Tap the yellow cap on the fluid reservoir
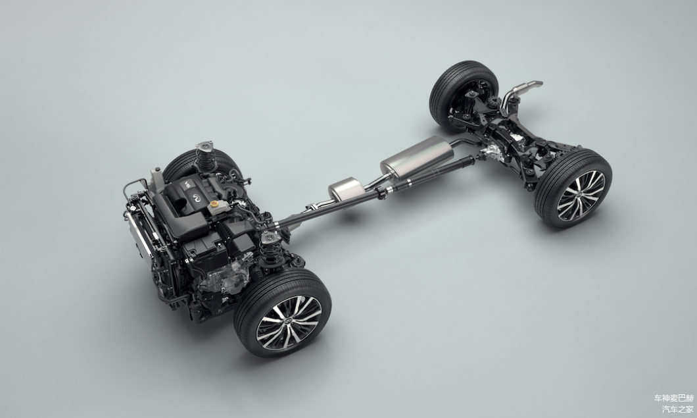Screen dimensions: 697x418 point(215,203)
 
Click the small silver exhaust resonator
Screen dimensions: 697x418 point(347,188)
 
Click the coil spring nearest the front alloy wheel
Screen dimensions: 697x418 point(268,251)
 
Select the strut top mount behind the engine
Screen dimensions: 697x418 point(204,146)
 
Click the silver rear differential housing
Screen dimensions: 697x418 point(492,152)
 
